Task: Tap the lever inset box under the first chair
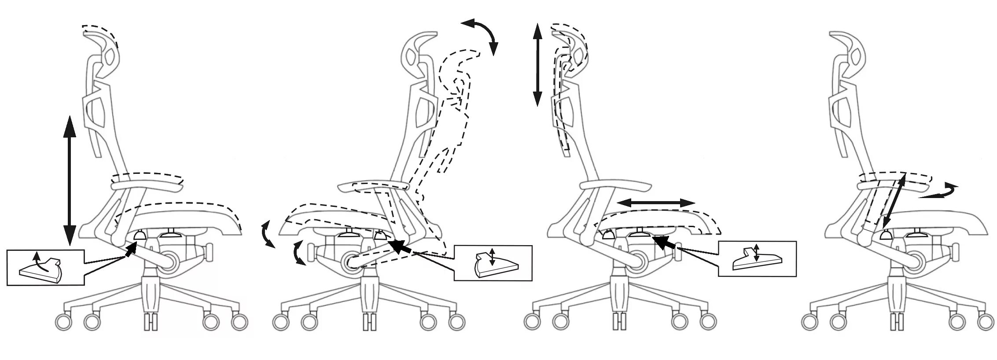[x=45, y=268]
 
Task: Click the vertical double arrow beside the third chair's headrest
[x=537, y=65]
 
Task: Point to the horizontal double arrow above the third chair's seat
[x=656, y=203]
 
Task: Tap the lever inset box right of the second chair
[x=493, y=263]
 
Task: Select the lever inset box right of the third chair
[x=757, y=259]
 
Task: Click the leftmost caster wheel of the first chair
[x=63, y=322]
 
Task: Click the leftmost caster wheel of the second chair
[x=280, y=322]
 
